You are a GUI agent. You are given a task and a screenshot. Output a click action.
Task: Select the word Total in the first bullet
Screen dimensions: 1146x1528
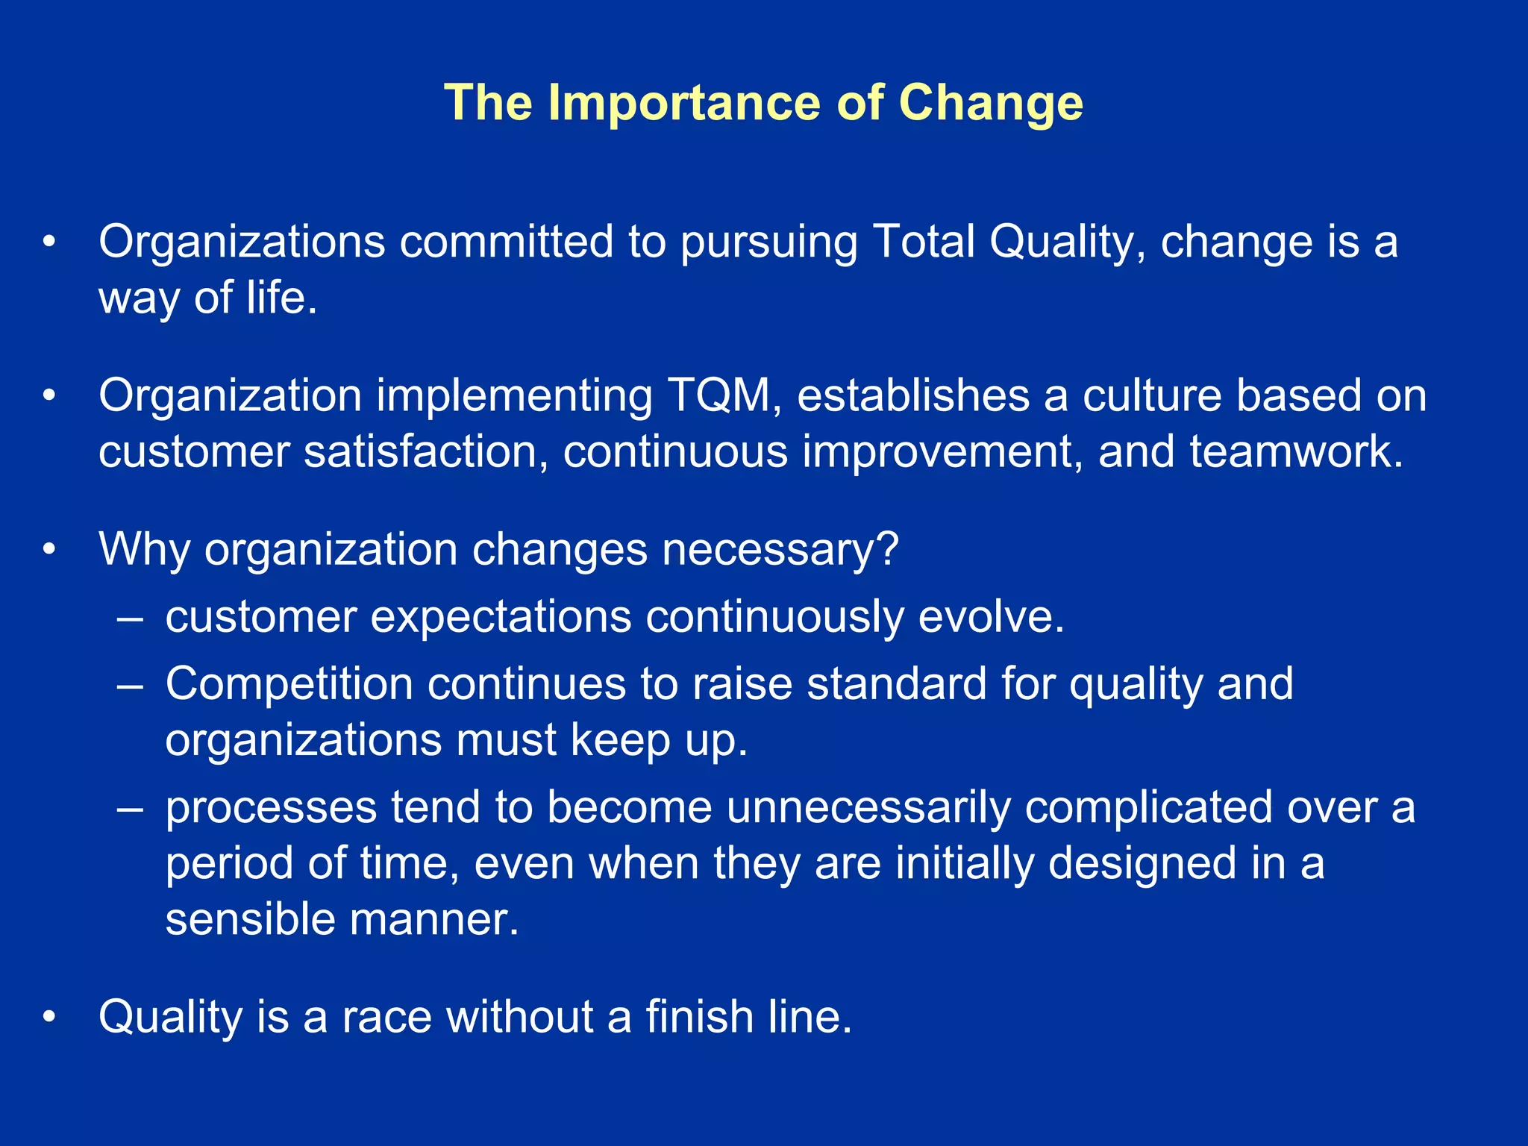click(x=924, y=242)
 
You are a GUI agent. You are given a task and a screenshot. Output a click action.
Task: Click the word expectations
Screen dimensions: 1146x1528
click(x=501, y=617)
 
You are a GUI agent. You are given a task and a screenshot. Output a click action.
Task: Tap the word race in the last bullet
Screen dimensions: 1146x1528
click(x=386, y=1017)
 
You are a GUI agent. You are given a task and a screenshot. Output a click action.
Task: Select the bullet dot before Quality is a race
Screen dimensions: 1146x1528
click(x=49, y=1017)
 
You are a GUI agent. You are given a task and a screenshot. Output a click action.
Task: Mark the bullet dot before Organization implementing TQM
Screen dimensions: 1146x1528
click(x=49, y=395)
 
